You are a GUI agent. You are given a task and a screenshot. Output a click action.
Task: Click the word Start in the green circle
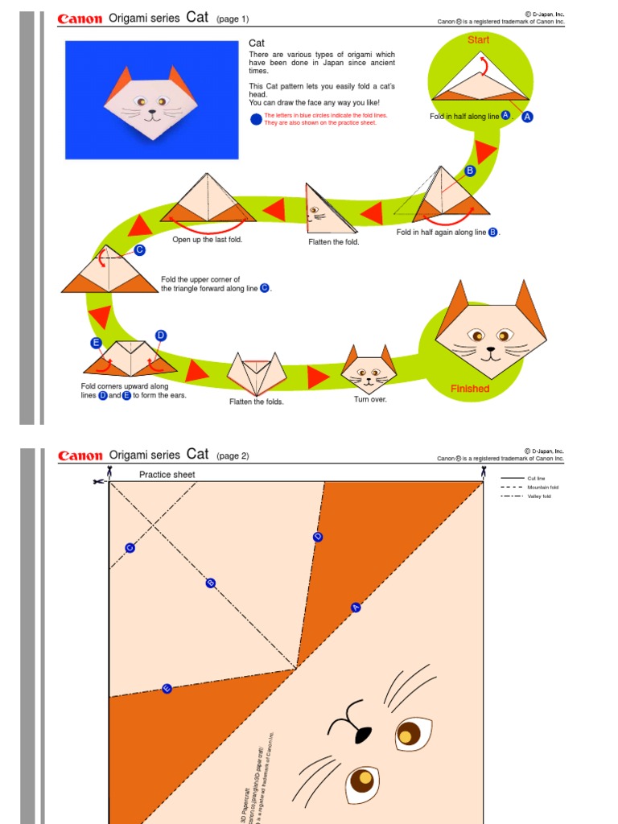tap(479, 39)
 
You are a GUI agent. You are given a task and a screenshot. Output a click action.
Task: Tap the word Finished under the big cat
tap(470, 389)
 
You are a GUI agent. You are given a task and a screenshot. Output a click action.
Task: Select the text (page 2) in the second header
tap(233, 456)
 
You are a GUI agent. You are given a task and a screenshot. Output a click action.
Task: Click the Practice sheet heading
tap(167, 475)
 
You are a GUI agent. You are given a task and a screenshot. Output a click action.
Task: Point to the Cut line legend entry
tap(536, 478)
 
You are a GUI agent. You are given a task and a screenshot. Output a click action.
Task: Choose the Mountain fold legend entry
tap(542, 488)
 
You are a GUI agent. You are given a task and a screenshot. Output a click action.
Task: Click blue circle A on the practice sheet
tap(356, 608)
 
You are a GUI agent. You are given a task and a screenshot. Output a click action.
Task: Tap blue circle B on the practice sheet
tap(211, 583)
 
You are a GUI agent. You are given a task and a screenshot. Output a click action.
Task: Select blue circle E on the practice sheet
tap(167, 689)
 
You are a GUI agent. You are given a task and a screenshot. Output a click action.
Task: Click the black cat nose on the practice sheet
tap(362, 733)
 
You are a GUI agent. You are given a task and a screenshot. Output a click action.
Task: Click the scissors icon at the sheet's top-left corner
tap(97, 481)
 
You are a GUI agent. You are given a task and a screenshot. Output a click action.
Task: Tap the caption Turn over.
tap(370, 399)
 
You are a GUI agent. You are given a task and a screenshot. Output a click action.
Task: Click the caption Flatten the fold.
tap(334, 241)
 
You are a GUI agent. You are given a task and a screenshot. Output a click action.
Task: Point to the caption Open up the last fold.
tap(207, 239)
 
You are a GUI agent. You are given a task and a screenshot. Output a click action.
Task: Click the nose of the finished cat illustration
tap(490, 349)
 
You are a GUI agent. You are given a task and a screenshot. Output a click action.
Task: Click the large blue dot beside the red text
tap(256, 119)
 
